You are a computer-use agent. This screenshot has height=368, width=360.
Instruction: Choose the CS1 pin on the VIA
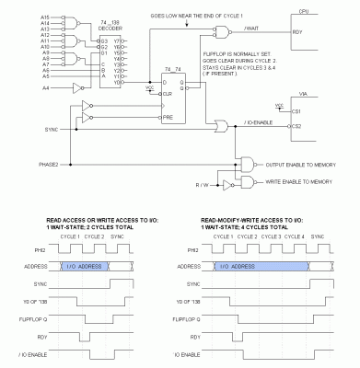pos(296,111)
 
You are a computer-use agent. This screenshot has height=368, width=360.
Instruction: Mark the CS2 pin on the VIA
pos(296,126)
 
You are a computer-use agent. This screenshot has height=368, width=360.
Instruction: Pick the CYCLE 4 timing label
pos(296,237)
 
